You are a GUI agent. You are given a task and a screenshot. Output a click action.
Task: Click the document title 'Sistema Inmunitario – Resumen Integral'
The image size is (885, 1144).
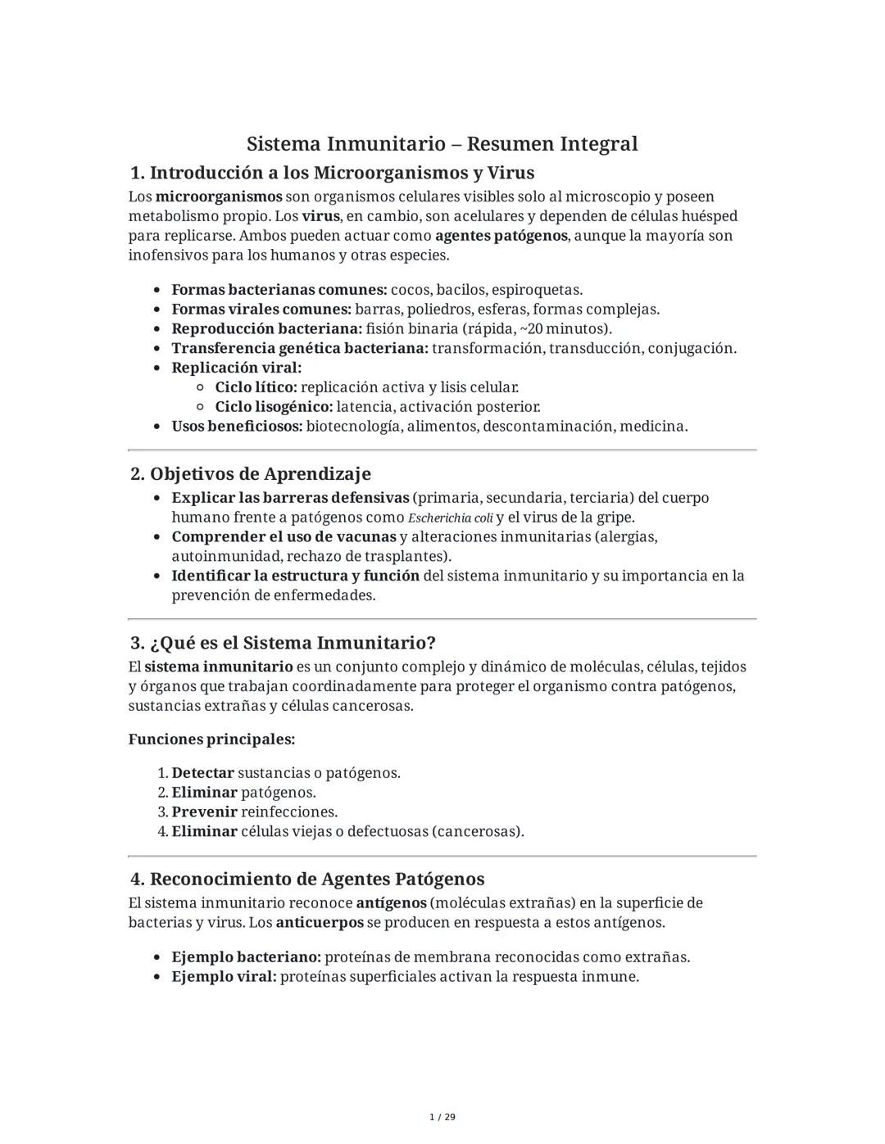[x=442, y=144]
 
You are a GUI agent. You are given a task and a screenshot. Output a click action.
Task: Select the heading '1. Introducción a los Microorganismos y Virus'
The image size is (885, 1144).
[x=332, y=173]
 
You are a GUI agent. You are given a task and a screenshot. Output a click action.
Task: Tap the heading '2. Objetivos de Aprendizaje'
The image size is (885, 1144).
[x=250, y=474]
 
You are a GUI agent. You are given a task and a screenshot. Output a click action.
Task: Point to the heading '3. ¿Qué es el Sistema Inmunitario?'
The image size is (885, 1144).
[x=283, y=643]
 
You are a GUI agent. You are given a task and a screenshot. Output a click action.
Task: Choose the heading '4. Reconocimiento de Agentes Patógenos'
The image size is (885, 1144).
[x=307, y=879]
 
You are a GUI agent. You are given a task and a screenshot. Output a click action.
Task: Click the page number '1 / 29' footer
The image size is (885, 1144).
[x=442, y=1117]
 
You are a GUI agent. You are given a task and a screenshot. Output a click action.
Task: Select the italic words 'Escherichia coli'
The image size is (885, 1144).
[x=450, y=518]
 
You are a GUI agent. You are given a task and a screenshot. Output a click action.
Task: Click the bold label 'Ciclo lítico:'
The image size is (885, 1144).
[x=256, y=387]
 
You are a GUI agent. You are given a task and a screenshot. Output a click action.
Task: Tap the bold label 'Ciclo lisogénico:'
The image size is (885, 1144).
[x=274, y=407]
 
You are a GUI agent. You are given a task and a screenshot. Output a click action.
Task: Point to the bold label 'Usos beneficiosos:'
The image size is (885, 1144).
[x=237, y=427]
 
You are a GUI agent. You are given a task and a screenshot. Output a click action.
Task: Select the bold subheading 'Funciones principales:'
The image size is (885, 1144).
[x=211, y=739]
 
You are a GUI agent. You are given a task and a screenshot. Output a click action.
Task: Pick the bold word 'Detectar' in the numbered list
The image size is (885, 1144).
[x=202, y=773]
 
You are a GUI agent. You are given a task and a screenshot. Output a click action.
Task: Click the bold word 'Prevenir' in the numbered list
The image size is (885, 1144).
[x=204, y=812]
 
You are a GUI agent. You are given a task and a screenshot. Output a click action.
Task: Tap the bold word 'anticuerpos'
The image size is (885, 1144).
[x=320, y=923]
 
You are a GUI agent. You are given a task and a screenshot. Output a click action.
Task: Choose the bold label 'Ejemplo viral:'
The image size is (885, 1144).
[x=224, y=977]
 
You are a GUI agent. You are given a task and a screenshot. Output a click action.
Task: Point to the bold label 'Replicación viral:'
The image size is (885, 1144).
[x=236, y=368]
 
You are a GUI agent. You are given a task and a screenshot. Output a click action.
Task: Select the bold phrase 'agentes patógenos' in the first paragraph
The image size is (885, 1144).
[x=501, y=236]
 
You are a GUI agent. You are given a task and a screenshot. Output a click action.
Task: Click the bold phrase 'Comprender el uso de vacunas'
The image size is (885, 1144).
[x=284, y=537]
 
